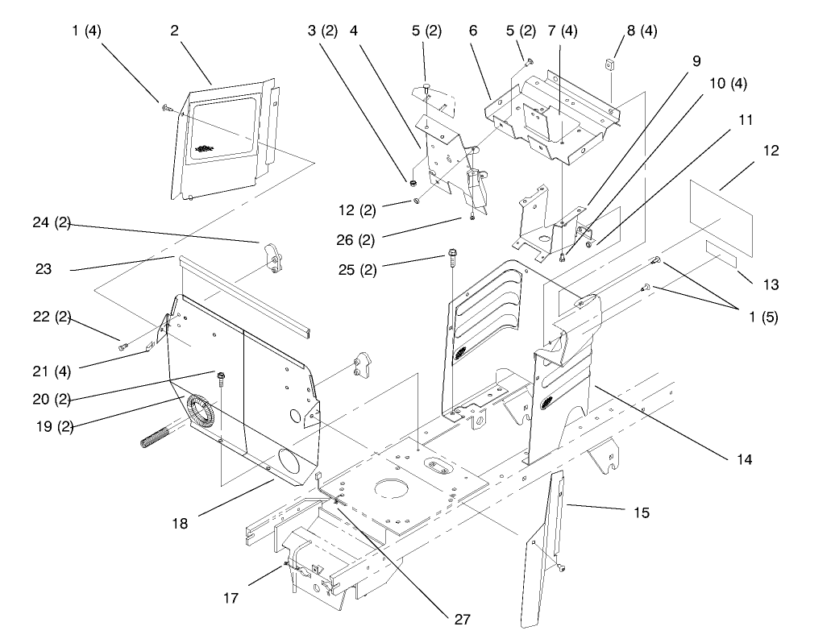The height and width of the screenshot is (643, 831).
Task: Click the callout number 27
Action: [x=460, y=620]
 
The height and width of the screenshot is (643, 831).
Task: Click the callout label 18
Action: [x=180, y=523]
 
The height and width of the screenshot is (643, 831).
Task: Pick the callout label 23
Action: [x=44, y=269]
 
